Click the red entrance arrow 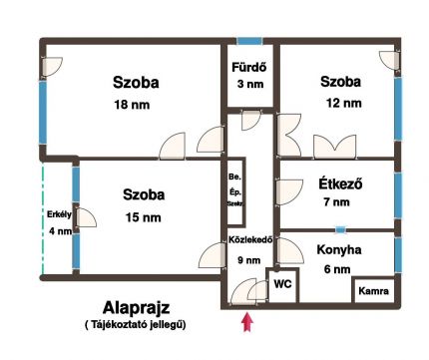pos(247,322)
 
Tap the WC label pos(282,284)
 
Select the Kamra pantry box pos(374,291)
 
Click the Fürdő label pos(249,68)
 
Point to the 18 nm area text pos(132,105)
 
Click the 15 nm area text pos(143,217)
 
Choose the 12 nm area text pos(343,103)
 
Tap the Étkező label pos(340,183)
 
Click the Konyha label pos(339,250)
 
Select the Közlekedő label pos(250,239)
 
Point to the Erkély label pos(59,214)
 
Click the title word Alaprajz pos(136,308)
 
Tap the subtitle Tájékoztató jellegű pos(136,324)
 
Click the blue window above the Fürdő pos(249,41)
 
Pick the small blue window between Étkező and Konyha pos(340,229)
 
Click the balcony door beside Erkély pos(85,217)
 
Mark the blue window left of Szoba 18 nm pos(43,113)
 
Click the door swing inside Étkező pos(289,192)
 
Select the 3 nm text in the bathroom pos(250,84)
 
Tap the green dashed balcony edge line pos(43,218)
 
